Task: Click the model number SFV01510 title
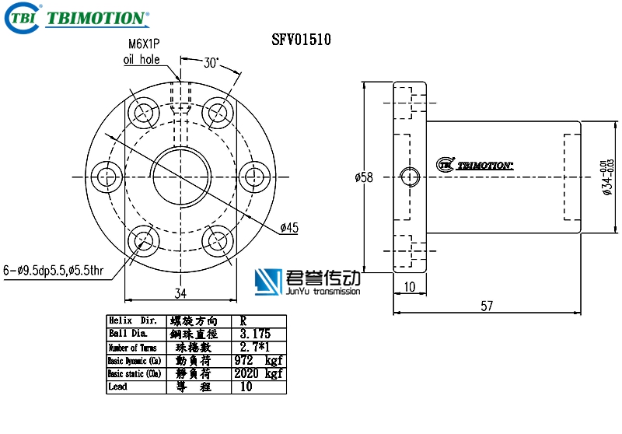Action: click(302, 40)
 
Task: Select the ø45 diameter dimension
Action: click(290, 227)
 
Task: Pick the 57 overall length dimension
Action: click(487, 306)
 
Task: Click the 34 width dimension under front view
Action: click(180, 293)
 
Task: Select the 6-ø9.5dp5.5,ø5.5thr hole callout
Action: click(53, 271)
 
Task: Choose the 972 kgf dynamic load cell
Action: click(257, 360)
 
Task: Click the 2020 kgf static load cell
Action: click(257, 373)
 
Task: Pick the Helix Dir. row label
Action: click(133, 320)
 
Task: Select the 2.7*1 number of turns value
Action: click(253, 347)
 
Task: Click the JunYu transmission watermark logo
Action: click(308, 282)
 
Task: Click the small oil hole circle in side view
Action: click(410, 177)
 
